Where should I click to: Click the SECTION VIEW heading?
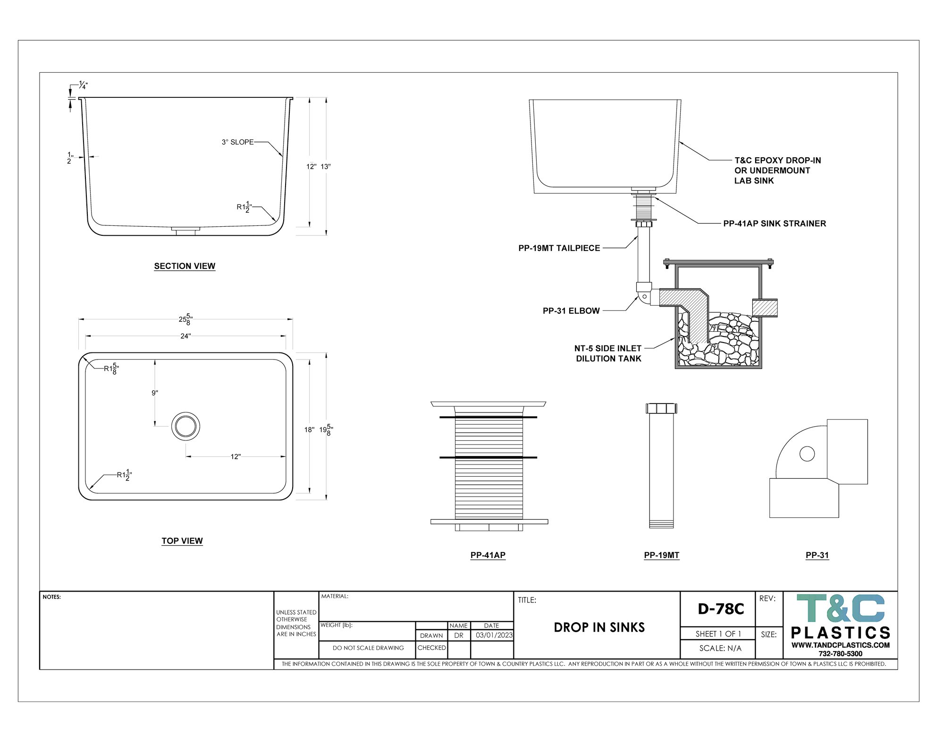(185, 266)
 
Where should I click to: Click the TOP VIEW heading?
(182, 541)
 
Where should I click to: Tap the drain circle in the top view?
(185, 426)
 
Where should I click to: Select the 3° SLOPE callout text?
(237, 142)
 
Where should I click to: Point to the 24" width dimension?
(185, 336)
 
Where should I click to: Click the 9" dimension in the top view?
(155, 393)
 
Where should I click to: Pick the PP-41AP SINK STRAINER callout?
(775, 223)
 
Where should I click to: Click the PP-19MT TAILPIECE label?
(559, 248)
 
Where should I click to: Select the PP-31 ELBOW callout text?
(571, 311)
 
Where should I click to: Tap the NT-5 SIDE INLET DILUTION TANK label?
(608, 353)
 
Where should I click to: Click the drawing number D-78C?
(721, 609)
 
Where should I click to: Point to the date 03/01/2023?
(494, 635)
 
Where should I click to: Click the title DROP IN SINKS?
(599, 627)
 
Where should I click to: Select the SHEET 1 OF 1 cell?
(718, 634)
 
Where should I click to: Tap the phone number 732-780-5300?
(840, 654)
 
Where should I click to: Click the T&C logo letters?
(841, 608)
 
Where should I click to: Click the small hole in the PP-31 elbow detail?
(807, 454)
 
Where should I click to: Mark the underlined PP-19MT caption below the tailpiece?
(662, 555)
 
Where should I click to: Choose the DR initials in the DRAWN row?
(459, 636)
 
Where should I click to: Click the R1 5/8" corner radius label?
(111, 369)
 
